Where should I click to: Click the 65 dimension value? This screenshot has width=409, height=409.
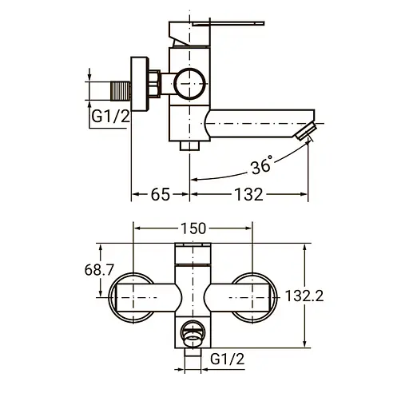click(161, 194)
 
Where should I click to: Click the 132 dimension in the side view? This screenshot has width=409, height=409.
click(248, 194)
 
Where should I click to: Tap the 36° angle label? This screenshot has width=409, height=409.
click(262, 165)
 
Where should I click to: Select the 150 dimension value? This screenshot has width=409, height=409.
click(193, 228)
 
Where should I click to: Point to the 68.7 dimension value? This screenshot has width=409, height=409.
click(99, 270)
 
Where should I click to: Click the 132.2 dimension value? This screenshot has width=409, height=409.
click(304, 296)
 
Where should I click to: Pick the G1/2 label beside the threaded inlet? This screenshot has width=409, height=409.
click(110, 117)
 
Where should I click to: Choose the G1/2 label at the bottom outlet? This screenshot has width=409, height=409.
click(227, 359)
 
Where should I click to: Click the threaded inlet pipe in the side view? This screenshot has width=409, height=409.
click(121, 91)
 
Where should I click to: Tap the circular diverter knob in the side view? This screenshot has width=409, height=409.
click(189, 84)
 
